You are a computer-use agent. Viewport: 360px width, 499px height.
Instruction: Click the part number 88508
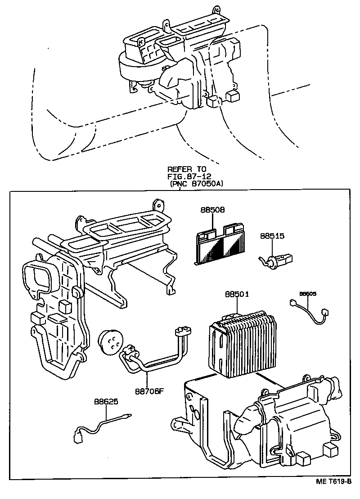click(212, 210)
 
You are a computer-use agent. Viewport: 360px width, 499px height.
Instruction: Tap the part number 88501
click(237, 295)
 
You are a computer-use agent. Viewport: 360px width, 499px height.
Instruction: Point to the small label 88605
click(308, 294)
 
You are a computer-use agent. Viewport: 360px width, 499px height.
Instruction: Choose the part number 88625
click(106, 401)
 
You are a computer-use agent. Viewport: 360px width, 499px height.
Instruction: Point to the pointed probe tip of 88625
click(129, 417)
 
